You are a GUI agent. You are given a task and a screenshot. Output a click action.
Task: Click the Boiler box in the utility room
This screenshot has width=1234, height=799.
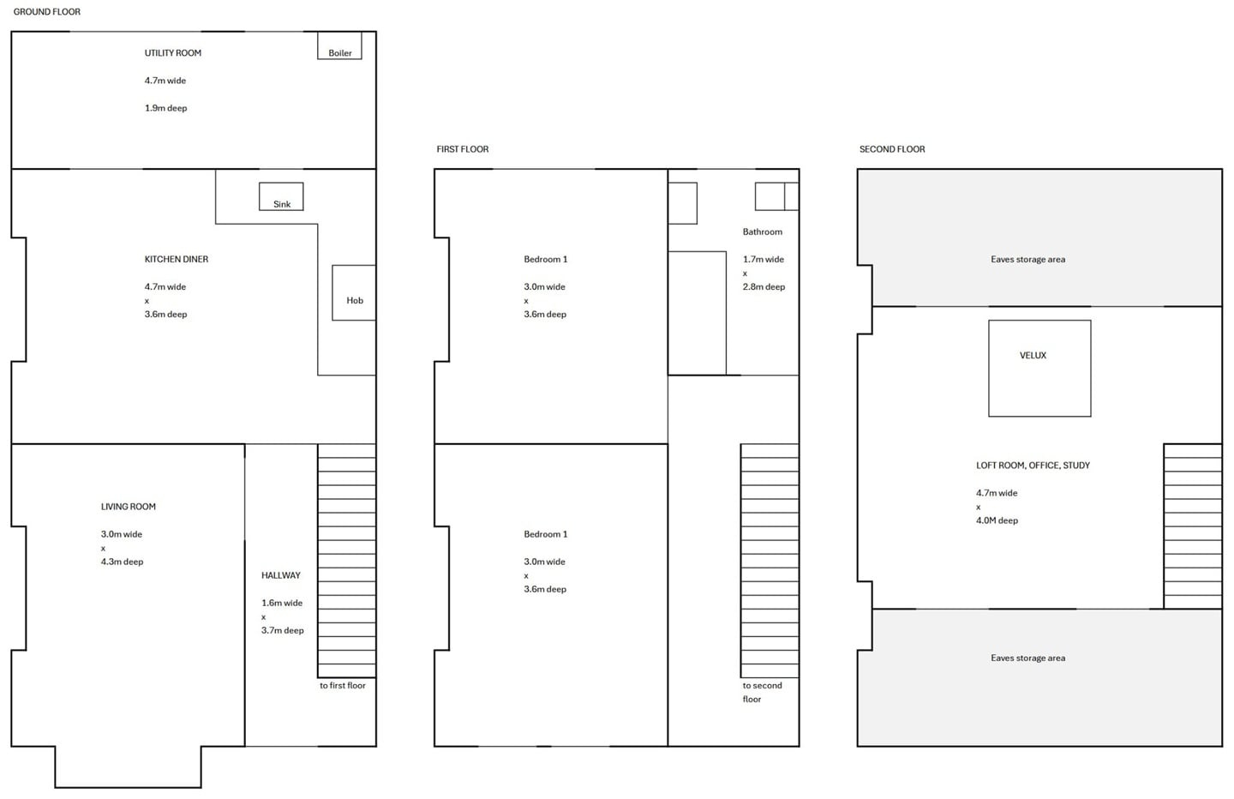coord(339,45)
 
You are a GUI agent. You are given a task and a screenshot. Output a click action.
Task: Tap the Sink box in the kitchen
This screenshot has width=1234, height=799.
coord(281,196)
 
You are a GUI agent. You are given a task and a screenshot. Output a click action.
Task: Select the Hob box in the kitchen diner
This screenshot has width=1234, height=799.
coord(354,292)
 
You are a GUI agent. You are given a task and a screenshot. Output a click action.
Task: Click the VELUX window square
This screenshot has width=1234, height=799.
coord(1039,369)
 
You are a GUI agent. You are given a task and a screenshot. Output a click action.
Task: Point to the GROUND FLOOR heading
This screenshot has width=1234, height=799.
coord(47,12)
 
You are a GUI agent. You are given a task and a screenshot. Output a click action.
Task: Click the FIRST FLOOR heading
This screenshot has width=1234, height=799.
coord(462,149)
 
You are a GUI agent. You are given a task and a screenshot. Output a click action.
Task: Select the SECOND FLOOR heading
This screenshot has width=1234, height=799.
coord(891,149)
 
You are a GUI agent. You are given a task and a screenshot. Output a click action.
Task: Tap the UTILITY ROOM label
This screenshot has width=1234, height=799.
coord(172,53)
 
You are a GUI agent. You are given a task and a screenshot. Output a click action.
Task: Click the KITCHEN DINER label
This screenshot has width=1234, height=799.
coord(176,259)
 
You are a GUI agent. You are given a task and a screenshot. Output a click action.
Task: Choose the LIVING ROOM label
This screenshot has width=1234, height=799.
coord(128,507)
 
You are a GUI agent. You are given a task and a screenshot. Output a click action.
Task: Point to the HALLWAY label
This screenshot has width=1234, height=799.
coord(280,575)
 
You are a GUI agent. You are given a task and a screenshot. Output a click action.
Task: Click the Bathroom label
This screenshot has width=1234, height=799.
coord(762,231)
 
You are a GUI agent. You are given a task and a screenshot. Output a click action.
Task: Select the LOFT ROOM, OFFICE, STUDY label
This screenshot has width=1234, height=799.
coord(1033,466)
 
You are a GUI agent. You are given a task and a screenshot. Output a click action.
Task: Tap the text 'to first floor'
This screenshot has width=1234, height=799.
coord(342,686)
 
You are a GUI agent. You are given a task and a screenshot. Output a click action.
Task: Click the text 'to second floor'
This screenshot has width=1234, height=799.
coord(761,692)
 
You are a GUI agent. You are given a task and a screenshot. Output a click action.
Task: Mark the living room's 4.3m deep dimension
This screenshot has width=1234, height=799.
coord(122,562)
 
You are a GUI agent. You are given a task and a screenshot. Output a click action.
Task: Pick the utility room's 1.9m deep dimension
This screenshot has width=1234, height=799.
coord(165,108)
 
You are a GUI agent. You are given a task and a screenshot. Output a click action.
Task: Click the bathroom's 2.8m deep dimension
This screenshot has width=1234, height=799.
coord(764,287)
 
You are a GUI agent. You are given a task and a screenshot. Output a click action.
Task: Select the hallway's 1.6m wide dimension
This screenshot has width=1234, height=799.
coord(282,603)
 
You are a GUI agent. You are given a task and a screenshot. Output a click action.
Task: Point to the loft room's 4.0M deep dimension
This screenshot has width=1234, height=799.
coord(997,520)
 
